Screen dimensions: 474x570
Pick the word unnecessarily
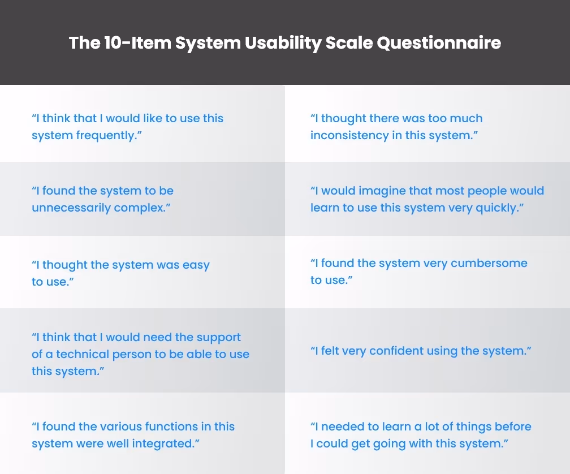coord(71,208)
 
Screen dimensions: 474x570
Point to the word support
coord(218,338)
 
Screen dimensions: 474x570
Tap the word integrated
coord(163,444)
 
